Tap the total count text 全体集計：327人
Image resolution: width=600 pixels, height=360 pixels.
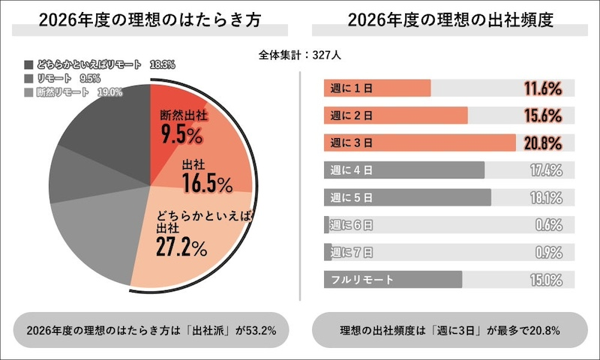(x=300, y=55)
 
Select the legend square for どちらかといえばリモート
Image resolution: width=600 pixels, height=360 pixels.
(x=28, y=65)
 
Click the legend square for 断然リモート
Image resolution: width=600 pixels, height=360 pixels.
(x=28, y=92)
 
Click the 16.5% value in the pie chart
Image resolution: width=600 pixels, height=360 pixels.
(x=207, y=182)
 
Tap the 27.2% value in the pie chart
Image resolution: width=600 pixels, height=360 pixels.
(x=181, y=247)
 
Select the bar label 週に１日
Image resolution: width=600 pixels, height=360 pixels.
(x=351, y=88)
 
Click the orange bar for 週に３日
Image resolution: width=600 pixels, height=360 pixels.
(x=420, y=142)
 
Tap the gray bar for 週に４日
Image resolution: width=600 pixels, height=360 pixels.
(x=404, y=170)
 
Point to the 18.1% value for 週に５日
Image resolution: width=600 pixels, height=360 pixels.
(x=545, y=197)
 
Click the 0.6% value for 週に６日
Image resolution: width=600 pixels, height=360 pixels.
(x=549, y=225)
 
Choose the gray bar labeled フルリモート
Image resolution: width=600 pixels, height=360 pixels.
(x=393, y=280)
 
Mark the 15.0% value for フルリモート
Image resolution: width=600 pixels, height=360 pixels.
(x=545, y=280)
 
